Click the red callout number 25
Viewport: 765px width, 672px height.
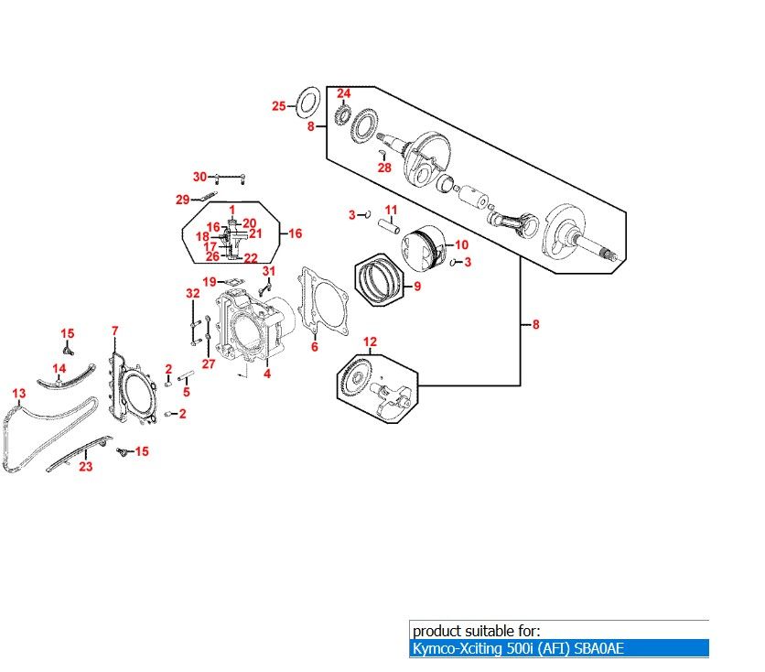pyautogui.click(x=279, y=106)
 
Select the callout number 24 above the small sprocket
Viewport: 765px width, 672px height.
pyautogui.click(x=343, y=93)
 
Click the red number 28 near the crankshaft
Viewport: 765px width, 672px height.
pyautogui.click(x=384, y=168)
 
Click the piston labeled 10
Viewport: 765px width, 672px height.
pyautogui.click(x=423, y=248)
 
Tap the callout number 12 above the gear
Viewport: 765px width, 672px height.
pyautogui.click(x=370, y=342)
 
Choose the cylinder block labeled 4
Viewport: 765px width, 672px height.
pyautogui.click(x=249, y=330)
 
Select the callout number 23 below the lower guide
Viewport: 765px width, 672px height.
pyautogui.click(x=85, y=466)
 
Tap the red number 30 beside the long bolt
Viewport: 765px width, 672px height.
pyautogui.click(x=199, y=177)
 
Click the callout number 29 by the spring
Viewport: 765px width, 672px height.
pyautogui.click(x=182, y=200)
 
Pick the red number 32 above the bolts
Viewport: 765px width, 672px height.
pyautogui.click(x=192, y=293)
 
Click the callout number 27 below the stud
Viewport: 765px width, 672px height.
pyautogui.click(x=208, y=364)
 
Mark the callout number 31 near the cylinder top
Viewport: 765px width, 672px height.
pyautogui.click(x=268, y=271)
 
